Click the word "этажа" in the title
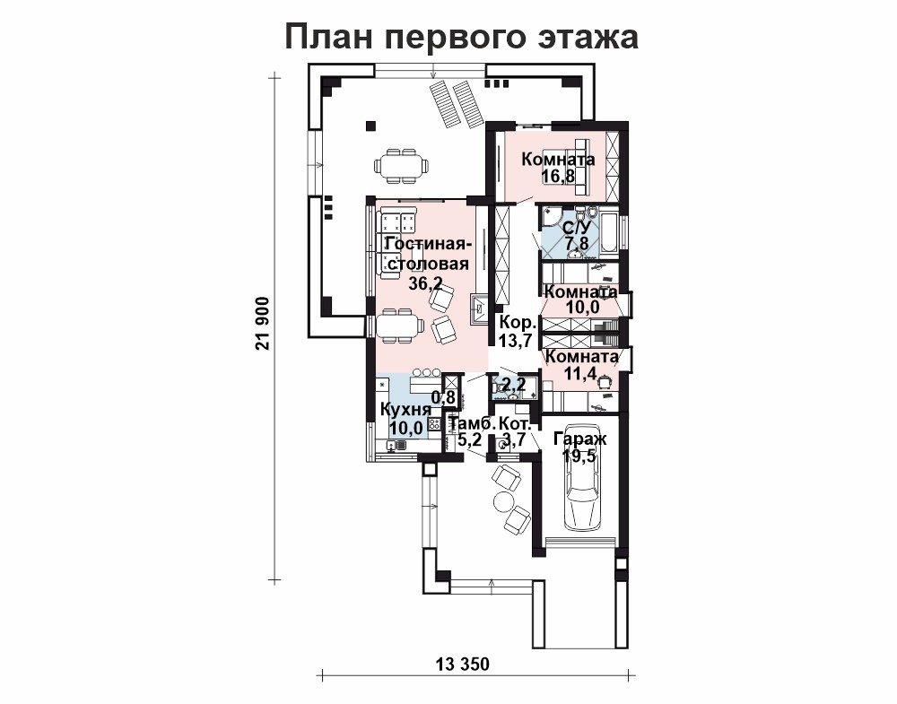[588, 38]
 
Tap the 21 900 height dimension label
[263, 324]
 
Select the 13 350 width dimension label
[463, 665]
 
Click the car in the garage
[582, 478]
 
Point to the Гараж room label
[580, 439]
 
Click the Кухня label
[405, 410]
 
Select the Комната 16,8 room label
[558, 167]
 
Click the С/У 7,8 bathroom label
[576, 235]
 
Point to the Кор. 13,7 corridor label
[517, 331]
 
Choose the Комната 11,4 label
[582, 365]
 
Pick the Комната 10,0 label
[580, 300]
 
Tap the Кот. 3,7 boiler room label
[516, 431]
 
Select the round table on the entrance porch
[504, 502]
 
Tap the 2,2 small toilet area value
[514, 383]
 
